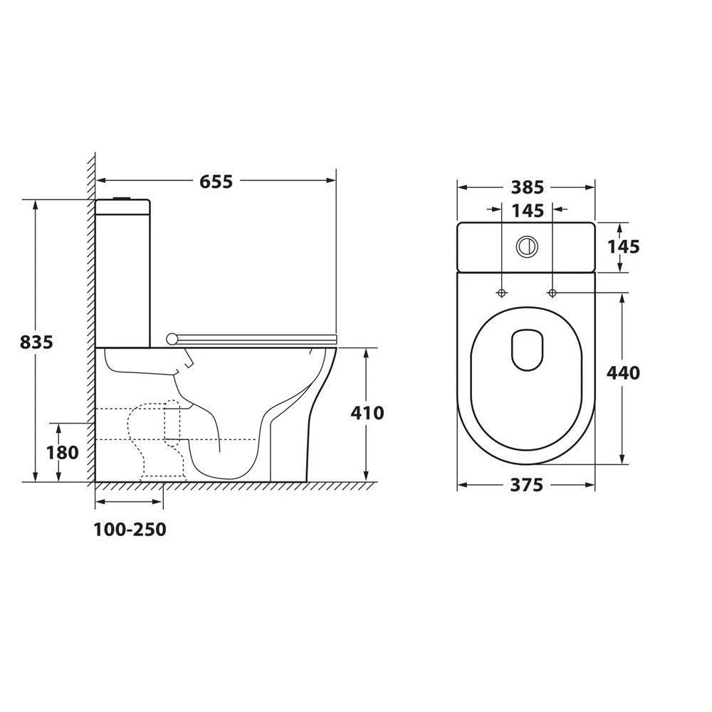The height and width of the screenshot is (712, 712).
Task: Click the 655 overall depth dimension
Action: point(216,182)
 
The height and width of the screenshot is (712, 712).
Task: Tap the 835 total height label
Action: point(36,342)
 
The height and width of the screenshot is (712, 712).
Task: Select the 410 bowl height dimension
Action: point(367,413)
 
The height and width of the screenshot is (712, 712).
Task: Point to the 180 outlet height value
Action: point(62,452)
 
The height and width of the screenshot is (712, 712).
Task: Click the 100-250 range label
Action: point(130,530)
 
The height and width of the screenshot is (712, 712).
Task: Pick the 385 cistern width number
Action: point(527,187)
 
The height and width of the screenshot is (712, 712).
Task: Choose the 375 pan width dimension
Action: point(526,485)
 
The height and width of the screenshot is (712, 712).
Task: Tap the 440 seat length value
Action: point(624,373)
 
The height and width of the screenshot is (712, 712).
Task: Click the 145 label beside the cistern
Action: point(624,246)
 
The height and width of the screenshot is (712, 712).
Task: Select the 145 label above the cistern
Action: point(528,211)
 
